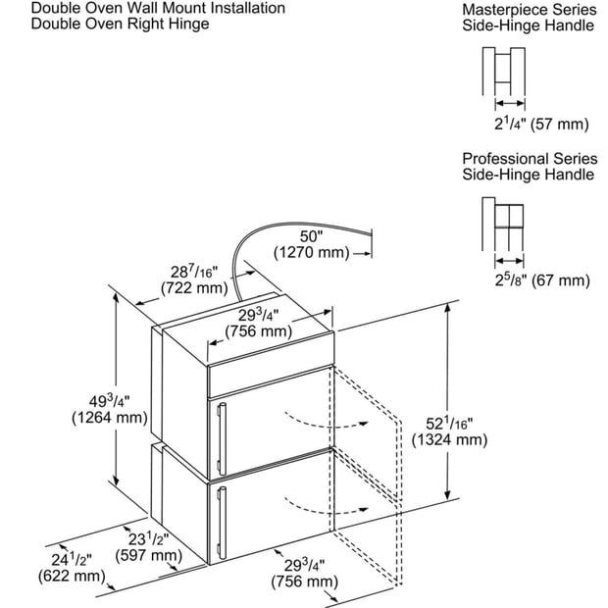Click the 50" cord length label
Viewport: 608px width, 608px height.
tap(311, 236)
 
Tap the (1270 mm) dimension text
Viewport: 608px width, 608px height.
tap(312, 252)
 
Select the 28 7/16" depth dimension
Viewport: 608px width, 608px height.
tap(194, 271)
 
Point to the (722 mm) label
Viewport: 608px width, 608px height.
tap(194, 288)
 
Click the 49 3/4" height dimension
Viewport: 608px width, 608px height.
tap(110, 400)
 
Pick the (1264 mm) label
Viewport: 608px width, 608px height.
tap(110, 418)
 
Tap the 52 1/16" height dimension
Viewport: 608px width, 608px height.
tap(449, 423)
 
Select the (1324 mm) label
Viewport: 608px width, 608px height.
tap(449, 440)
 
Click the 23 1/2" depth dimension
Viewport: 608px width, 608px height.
tap(148, 538)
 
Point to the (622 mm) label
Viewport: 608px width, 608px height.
tap(72, 576)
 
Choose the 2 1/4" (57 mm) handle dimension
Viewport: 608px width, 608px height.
tap(541, 125)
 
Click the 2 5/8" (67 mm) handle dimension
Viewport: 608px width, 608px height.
tap(542, 279)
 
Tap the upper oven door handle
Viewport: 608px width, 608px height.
tap(222, 439)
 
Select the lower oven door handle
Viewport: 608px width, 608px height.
tap(222, 523)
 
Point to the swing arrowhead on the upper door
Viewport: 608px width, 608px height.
tap(363, 423)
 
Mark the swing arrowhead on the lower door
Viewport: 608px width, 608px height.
tap(363, 509)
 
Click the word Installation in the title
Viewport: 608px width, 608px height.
tap(244, 8)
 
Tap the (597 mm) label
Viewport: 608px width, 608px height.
tap(148, 556)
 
